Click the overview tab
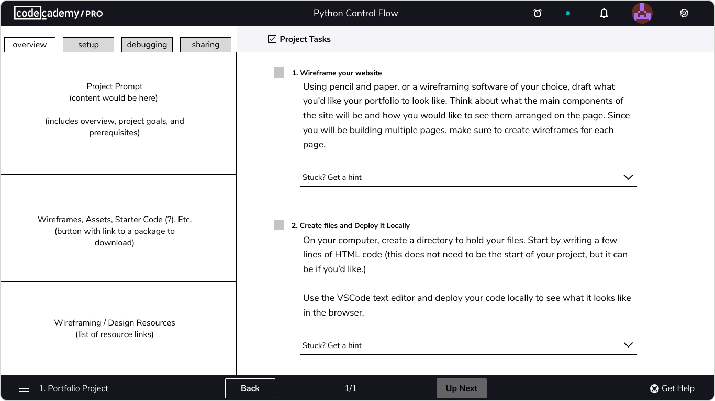click(30, 45)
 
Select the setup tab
click(88, 45)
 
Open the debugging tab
click(147, 45)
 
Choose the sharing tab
click(206, 45)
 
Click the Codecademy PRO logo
click(59, 13)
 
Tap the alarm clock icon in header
click(538, 13)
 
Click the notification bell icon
click(604, 13)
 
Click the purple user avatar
click(642, 13)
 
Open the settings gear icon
click(684, 13)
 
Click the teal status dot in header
click(568, 13)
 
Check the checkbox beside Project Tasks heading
click(272, 39)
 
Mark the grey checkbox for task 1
click(279, 72)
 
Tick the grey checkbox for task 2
click(279, 225)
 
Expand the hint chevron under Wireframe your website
click(628, 177)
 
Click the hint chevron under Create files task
click(628, 345)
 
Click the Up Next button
click(462, 388)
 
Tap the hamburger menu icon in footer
click(24, 388)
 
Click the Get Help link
click(672, 388)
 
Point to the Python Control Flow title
click(355, 13)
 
